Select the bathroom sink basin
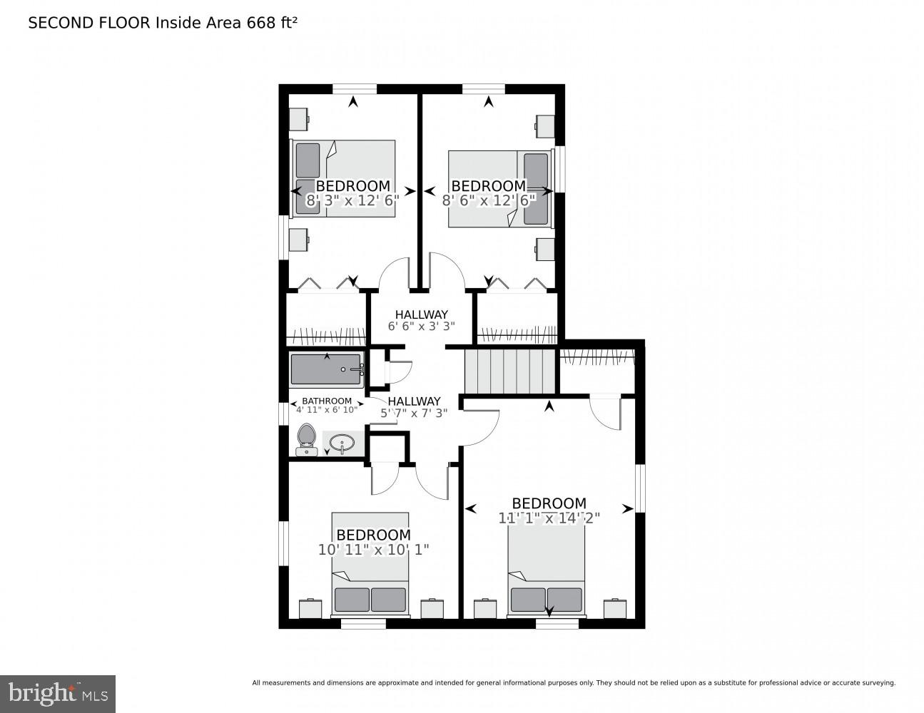tap(342, 443)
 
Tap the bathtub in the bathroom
tap(327, 370)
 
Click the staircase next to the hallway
tap(509, 371)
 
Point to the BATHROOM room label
tap(327, 401)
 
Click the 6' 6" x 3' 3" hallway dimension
tap(421, 327)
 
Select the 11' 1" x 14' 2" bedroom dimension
tap(549, 518)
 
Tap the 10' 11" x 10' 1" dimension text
tap(373, 550)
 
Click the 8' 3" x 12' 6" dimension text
tap(352, 201)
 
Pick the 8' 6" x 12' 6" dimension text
tap(489, 201)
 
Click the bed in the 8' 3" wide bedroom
tap(344, 178)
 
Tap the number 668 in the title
tap(260, 23)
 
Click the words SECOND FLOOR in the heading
tap(89, 23)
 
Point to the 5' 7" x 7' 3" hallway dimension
tap(414, 413)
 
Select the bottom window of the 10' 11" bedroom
tap(363, 624)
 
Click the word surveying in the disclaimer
tap(875, 682)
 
